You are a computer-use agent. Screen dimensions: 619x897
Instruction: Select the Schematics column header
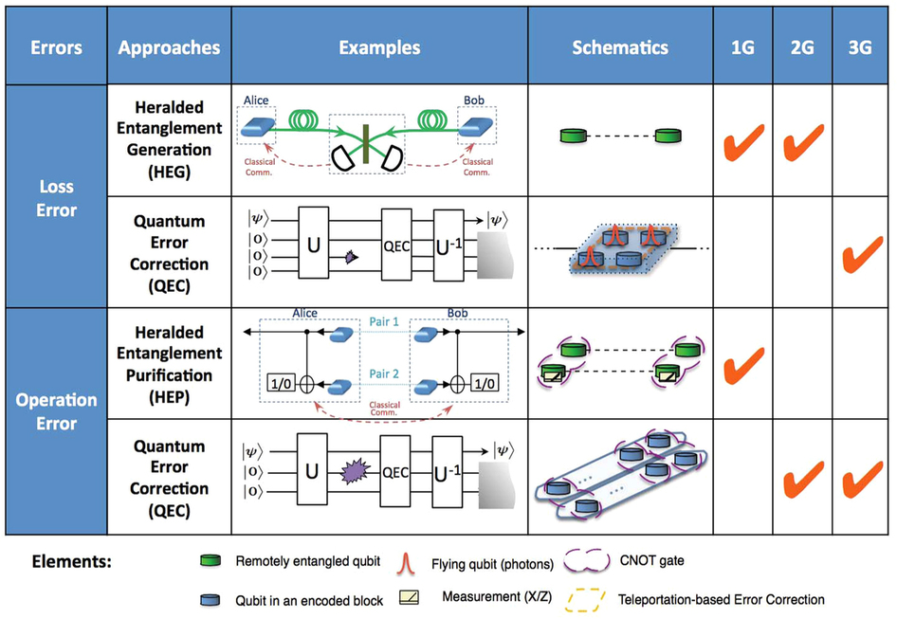pyautogui.click(x=620, y=48)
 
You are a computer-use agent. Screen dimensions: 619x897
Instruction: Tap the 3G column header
pyautogui.click(x=863, y=48)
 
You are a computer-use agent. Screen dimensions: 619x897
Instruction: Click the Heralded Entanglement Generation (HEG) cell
pyautogui.click(x=168, y=138)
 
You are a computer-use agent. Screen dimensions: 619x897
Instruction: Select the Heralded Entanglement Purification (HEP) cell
pyautogui.click(x=168, y=364)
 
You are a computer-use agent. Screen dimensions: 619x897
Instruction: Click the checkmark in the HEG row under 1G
pyautogui.click(x=743, y=144)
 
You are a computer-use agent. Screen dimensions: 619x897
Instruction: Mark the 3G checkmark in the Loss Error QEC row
pyautogui.click(x=862, y=255)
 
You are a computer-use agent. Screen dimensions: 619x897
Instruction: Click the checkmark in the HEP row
pyautogui.click(x=743, y=365)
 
